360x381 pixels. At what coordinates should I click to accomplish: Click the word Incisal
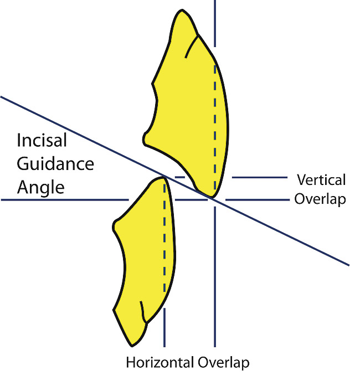click(x=42, y=140)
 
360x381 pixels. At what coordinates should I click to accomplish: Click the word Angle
click(x=40, y=187)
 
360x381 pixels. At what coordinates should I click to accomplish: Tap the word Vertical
click(x=321, y=180)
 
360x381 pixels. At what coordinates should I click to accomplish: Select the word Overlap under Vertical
click(x=320, y=199)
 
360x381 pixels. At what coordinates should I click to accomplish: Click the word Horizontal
click(x=160, y=363)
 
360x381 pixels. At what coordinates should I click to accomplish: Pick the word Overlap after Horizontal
click(x=223, y=363)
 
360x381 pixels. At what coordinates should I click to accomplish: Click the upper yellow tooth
click(x=188, y=111)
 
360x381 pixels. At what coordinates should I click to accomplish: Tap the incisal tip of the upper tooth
click(x=211, y=197)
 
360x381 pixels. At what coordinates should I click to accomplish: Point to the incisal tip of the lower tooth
click(x=164, y=177)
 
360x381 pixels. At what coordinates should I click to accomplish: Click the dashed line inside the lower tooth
click(x=164, y=238)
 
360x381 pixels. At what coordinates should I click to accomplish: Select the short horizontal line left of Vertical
click(x=259, y=178)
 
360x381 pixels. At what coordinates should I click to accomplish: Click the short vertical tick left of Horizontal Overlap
click(x=164, y=327)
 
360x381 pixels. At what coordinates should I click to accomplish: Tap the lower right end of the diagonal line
click(x=348, y=264)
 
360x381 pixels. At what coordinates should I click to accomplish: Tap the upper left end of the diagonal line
click(x=2, y=97)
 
